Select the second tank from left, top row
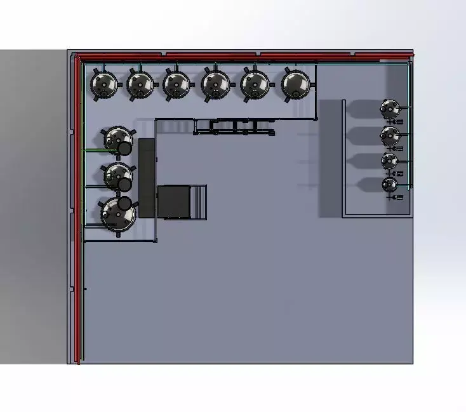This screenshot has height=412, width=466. click(x=140, y=84)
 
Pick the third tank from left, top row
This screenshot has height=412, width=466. click(x=176, y=84)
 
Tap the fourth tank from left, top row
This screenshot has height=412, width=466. click(x=216, y=83)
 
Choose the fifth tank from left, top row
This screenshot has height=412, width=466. click(x=255, y=83)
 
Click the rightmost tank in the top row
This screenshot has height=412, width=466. click(x=295, y=83)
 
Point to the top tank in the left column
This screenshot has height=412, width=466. click(x=117, y=139)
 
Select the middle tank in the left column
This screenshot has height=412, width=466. click(x=117, y=175)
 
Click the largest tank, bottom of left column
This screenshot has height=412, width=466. click(x=118, y=215)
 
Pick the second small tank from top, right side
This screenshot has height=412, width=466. click(x=389, y=135)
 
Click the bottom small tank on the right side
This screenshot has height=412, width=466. click(x=389, y=185)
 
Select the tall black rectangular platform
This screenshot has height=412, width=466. click(x=147, y=177)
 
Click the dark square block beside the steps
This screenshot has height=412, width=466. click(x=174, y=201)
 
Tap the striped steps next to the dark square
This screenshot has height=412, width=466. click(x=199, y=201)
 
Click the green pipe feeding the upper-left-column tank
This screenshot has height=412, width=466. click(x=94, y=150)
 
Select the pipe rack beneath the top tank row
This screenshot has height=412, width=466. click(x=234, y=127)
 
